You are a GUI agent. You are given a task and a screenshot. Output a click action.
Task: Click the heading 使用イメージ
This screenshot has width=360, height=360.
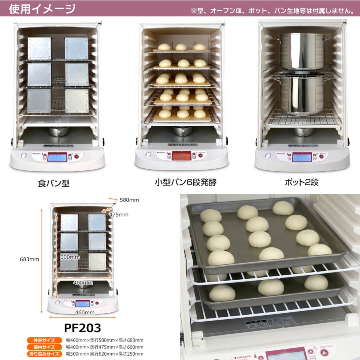pyautogui.click(x=42, y=8)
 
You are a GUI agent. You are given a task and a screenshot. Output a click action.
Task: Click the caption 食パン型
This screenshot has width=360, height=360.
pyautogui.click(x=54, y=183)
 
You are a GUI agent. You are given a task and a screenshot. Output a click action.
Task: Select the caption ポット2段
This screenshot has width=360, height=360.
pyautogui.click(x=301, y=183)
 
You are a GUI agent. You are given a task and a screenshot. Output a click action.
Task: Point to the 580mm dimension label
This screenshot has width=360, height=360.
pyautogui.click(x=129, y=200)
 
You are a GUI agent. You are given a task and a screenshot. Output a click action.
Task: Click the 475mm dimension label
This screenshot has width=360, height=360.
pyautogui.click(x=118, y=214)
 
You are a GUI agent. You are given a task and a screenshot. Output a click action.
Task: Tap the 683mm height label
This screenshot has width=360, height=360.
pyautogui.click(x=29, y=259)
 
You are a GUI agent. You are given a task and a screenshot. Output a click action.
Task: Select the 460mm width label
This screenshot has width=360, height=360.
pyautogui.click(x=84, y=312)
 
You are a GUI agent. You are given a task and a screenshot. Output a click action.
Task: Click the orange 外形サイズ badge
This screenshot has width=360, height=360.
pyautogui.click(x=44, y=340)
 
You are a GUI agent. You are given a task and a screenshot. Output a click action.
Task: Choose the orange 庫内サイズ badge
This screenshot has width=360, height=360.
pyautogui.click(x=44, y=347)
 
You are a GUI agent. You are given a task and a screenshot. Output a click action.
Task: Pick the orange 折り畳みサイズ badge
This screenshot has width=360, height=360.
pyautogui.click(x=44, y=354)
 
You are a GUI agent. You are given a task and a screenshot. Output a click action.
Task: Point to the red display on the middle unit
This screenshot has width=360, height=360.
pyautogui.click(x=182, y=156)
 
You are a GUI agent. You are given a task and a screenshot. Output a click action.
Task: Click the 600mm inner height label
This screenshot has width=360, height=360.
pyautogui.click(x=68, y=258)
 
